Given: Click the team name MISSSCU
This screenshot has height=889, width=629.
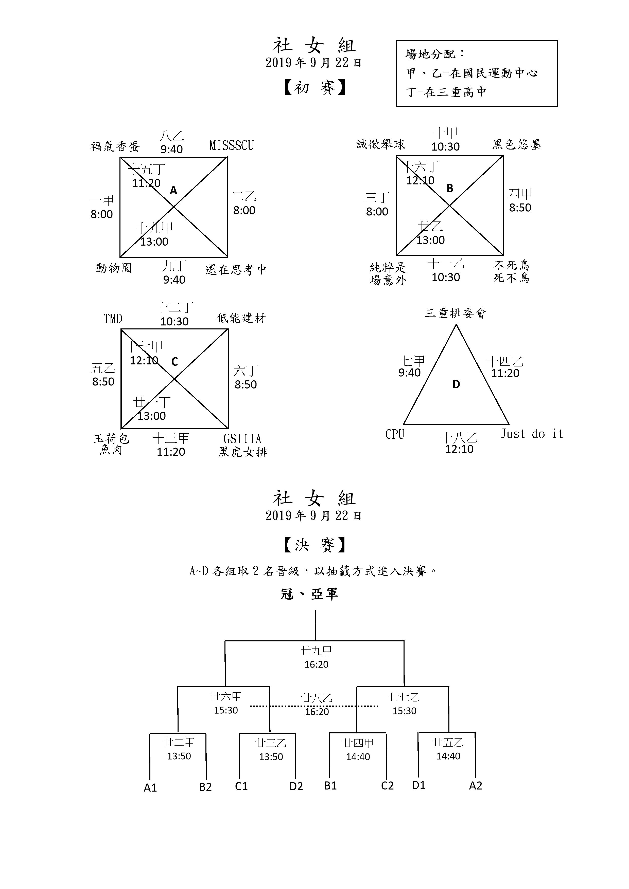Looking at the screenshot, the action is tap(231, 145).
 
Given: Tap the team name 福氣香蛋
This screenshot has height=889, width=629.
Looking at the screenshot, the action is tap(115, 146).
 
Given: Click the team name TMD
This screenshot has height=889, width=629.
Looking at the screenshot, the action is tap(113, 319).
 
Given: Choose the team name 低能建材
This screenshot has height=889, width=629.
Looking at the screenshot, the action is tap(241, 318).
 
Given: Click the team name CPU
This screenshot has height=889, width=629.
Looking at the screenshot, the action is tap(395, 434).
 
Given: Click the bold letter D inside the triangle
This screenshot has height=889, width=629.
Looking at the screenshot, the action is tap(456, 384).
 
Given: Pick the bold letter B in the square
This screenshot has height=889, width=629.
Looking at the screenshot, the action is tap(450, 188).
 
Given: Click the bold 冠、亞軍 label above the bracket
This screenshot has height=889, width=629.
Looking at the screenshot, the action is tap(309, 594).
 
